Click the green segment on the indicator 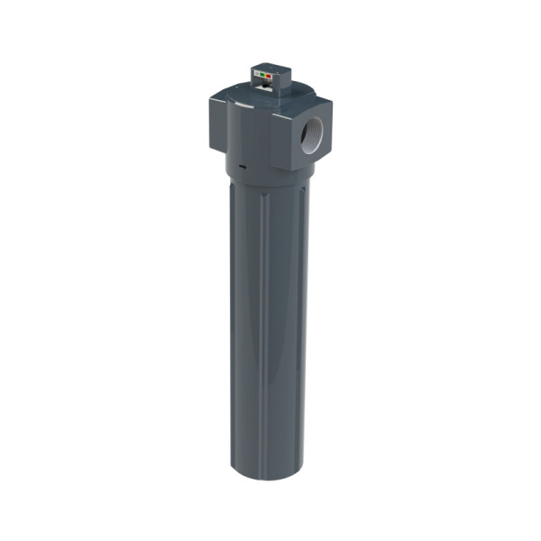[262, 75]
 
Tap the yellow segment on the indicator [266, 76]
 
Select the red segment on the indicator [269, 76]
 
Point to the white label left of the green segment [257, 73]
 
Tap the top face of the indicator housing [270, 68]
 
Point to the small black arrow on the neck [243, 167]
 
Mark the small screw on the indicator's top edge [277, 73]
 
